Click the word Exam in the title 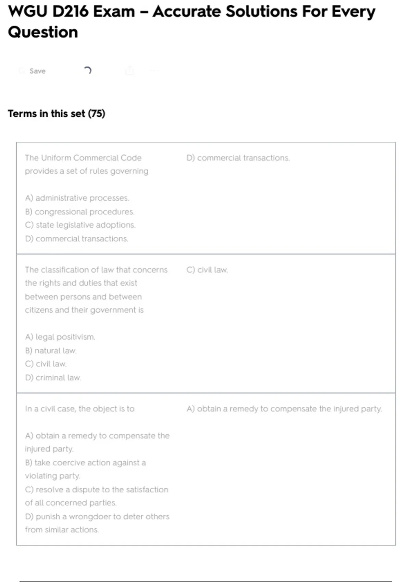(114, 12)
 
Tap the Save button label (37, 71)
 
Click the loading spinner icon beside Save (88, 71)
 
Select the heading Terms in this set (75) (57, 114)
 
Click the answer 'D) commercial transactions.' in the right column (238, 158)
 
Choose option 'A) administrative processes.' (77, 198)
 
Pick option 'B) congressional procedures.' (80, 212)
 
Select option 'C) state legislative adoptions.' (80, 225)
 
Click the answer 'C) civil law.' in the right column (207, 270)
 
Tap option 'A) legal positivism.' (60, 337)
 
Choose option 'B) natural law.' (51, 351)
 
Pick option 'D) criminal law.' (53, 378)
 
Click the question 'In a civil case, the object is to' (79, 409)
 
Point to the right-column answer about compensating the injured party (284, 409)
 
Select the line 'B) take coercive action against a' (85, 463)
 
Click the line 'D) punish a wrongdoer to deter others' (97, 516)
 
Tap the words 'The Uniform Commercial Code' (83, 158)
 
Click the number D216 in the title (70, 12)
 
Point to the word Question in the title (43, 33)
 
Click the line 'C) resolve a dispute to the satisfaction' (97, 490)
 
